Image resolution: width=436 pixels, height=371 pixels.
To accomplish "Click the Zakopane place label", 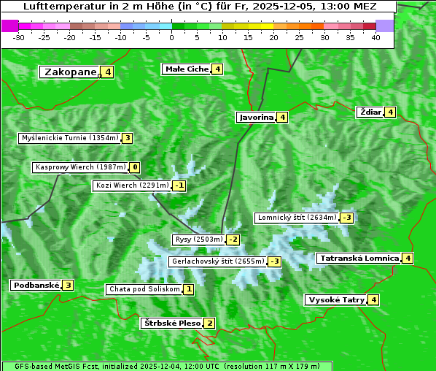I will click(70, 72).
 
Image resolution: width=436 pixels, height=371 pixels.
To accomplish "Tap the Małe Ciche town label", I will click(186, 69).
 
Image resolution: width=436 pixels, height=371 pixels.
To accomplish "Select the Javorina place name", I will click(255, 117).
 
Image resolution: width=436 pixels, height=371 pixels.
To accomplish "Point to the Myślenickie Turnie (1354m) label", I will click(69, 137).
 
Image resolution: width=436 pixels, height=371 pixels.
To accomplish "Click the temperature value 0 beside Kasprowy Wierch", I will click(135, 167).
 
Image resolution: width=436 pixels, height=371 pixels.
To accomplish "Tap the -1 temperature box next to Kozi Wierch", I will click(179, 185).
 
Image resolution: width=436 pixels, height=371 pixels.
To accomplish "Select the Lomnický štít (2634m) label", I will click(296, 218).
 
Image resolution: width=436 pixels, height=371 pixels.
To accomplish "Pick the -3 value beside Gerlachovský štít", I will click(274, 261).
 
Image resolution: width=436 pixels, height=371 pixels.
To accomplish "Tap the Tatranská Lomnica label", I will click(359, 258).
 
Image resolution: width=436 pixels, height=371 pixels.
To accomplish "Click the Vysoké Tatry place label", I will click(335, 299).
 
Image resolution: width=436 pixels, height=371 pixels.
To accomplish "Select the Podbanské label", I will click(35, 285).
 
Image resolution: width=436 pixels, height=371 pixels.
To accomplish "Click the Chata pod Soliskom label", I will click(143, 289).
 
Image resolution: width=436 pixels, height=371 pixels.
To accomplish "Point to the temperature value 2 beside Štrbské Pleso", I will click(209, 324).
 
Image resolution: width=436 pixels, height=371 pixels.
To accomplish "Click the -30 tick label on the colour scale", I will click(19, 37).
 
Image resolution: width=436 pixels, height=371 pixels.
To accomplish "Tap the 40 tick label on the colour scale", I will click(375, 37).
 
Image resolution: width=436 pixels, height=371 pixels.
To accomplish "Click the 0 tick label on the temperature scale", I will click(171, 37).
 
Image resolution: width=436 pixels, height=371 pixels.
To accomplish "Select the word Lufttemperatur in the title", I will click(61, 7).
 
